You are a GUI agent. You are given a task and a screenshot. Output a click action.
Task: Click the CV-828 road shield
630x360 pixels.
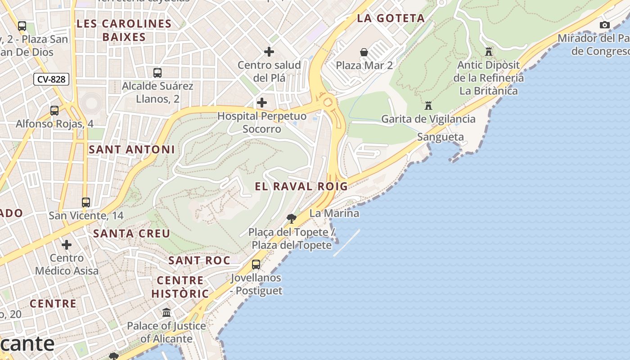51,80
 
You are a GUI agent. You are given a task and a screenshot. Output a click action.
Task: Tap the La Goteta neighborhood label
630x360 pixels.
391,18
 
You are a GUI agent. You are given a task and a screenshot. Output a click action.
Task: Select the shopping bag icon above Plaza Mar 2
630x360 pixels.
364,53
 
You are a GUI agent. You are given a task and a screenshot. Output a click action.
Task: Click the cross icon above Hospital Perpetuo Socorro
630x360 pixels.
261,103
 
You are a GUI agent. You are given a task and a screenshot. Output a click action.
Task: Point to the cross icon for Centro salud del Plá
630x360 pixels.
269,52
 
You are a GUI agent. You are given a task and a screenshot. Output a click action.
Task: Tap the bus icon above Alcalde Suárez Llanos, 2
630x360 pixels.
157,72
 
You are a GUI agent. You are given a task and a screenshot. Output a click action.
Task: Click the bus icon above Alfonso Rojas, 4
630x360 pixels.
54,110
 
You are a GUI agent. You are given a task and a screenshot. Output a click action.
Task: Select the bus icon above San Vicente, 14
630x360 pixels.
86,202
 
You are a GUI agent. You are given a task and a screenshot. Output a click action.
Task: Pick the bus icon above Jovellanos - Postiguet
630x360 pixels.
256,265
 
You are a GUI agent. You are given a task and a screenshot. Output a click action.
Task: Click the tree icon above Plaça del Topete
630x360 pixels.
292,219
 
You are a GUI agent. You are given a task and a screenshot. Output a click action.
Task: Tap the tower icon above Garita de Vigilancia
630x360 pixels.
428,106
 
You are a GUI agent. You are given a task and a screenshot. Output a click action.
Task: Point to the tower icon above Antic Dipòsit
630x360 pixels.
489,52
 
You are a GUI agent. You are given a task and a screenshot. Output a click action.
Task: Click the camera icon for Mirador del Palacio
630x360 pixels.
605,25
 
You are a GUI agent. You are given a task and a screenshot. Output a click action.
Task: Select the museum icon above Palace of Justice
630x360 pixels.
166,312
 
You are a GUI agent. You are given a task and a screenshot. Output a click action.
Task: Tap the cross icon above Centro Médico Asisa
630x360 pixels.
67,245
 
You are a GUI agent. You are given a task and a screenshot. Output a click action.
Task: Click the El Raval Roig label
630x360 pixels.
301,186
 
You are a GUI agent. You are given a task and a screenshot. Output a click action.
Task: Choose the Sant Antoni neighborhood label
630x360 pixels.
131,149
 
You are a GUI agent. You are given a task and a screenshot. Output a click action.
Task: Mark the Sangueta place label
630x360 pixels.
440,137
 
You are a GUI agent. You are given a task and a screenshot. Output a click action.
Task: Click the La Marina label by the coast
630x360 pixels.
334,213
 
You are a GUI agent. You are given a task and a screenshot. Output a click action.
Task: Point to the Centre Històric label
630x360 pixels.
180,287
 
